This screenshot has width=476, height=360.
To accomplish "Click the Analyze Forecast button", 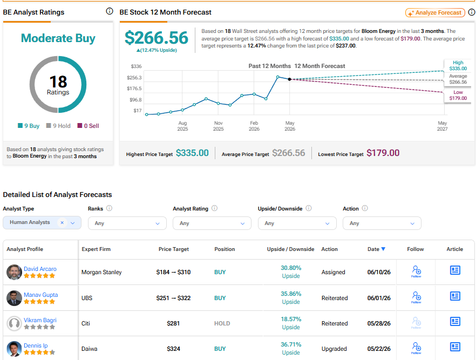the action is [435, 13].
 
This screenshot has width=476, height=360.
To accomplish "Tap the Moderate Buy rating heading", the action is [58, 38].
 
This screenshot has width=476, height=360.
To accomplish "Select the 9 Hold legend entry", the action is [58, 126].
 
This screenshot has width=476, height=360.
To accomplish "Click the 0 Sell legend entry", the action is [89, 126].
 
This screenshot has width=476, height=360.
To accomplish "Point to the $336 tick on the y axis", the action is [136, 66].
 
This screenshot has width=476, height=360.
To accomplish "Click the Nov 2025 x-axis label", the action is [218, 126].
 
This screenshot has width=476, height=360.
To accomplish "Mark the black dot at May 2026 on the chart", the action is [290, 79].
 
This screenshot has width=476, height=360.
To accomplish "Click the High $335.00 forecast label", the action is [458, 65].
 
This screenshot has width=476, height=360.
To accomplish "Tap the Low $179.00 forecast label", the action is [458, 95].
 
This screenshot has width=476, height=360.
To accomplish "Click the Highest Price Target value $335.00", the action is [192, 153].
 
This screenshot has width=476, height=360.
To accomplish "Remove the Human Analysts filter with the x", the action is [62, 222].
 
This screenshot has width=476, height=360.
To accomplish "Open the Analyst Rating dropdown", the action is [212, 223].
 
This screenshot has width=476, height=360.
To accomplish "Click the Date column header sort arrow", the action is [383, 249].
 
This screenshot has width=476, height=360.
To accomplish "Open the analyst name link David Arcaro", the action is [40, 269].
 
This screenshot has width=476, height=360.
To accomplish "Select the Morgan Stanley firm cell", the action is [101, 272].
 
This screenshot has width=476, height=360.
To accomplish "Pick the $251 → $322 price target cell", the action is [173, 298].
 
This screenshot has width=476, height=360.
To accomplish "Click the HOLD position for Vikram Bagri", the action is [222, 324].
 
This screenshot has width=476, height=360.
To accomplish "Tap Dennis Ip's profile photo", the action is [14, 349].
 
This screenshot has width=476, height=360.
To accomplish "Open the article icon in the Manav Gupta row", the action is [455, 296].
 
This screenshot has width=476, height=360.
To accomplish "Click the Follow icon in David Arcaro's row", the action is [416, 271].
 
